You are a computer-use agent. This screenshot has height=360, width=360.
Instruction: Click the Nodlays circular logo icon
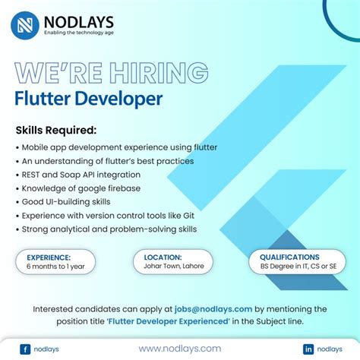click(27, 25)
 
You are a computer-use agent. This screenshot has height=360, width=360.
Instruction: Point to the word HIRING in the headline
click(152, 74)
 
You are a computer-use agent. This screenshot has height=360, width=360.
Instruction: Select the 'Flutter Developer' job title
click(88, 99)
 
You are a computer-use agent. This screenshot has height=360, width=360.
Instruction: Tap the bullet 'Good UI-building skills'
click(66, 202)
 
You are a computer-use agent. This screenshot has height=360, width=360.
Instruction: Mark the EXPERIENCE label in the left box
click(49, 257)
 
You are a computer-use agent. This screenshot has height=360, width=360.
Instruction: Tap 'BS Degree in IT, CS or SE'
click(300, 267)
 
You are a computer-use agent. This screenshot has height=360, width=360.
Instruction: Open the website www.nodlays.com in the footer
click(179, 348)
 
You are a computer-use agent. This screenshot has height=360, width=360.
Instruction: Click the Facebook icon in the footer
click(25, 349)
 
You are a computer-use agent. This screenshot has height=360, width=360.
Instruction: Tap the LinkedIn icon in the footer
click(308, 349)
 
